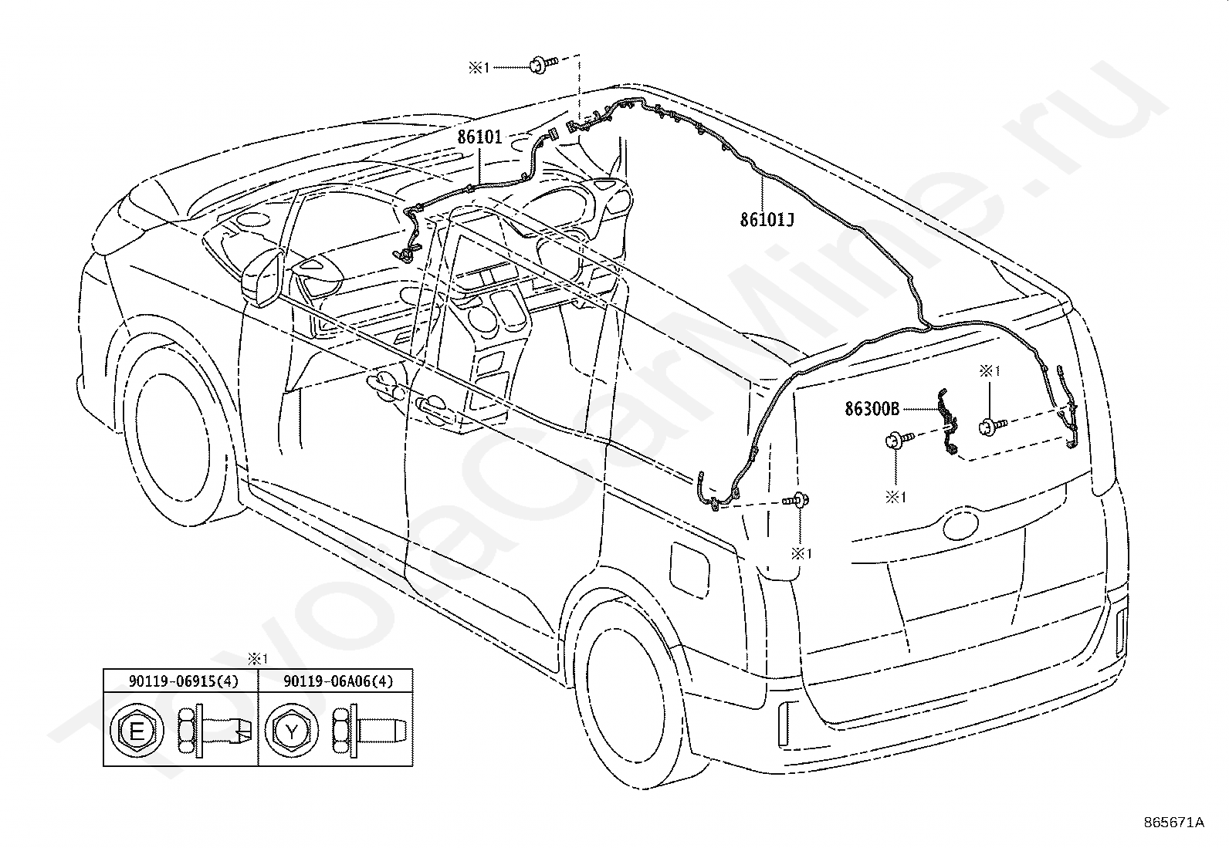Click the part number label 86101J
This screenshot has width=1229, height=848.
[767, 220]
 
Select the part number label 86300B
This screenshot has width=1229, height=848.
[872, 410]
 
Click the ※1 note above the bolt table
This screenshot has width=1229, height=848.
[256, 659]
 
